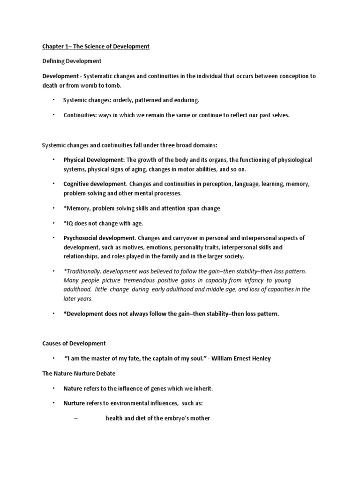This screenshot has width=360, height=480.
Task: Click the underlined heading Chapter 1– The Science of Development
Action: (96, 46)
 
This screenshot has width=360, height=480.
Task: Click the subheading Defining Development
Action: (72, 61)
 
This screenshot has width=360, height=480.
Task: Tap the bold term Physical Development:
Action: (94, 160)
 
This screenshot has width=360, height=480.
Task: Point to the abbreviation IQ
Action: (70, 223)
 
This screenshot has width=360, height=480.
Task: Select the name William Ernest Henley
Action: (242, 359)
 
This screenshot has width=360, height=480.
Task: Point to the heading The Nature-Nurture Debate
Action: (78, 374)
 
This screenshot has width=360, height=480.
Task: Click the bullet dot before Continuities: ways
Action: (53, 115)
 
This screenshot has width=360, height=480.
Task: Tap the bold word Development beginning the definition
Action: (60, 76)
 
